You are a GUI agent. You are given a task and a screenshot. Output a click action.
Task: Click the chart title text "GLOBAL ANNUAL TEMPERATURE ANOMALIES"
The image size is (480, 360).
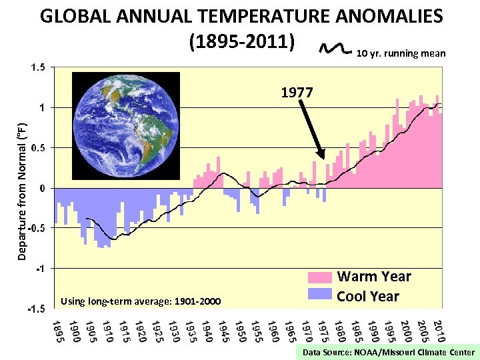pos(241,16)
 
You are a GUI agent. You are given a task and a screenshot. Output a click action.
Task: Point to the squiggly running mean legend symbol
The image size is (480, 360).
pos(335,47)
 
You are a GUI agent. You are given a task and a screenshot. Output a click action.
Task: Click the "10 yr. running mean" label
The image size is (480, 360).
pos(401,53)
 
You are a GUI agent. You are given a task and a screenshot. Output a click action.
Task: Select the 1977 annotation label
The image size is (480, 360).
pos(297,93)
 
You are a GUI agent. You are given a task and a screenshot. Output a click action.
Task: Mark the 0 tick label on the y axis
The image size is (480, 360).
pos(42,188)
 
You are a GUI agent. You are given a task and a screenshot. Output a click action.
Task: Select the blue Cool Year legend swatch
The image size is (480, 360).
pos(319,294)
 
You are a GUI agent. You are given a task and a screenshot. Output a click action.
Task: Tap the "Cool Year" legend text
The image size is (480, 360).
pos(368,297)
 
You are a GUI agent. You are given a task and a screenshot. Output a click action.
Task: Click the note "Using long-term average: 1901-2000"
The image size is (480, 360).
pos(140,302)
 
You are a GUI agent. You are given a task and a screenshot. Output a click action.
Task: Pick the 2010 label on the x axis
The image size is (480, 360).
pos(438,332)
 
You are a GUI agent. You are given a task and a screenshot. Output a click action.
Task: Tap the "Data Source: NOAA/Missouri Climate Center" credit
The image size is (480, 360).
pos(388,353)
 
